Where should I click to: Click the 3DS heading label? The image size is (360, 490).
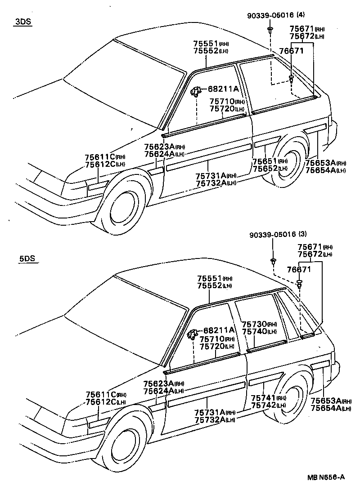click(22, 22)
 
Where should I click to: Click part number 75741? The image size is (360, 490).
click(263, 398)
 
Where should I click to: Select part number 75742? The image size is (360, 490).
click(263, 405)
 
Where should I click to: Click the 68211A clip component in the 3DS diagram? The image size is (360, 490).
click(196, 91)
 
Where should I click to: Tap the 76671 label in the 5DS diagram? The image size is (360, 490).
click(299, 269)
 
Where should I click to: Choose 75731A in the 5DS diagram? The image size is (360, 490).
click(210, 412)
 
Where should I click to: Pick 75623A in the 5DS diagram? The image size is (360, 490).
click(158, 383)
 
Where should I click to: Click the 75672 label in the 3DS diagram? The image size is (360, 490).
click(301, 36)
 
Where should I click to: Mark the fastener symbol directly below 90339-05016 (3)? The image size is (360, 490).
click(273, 261)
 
